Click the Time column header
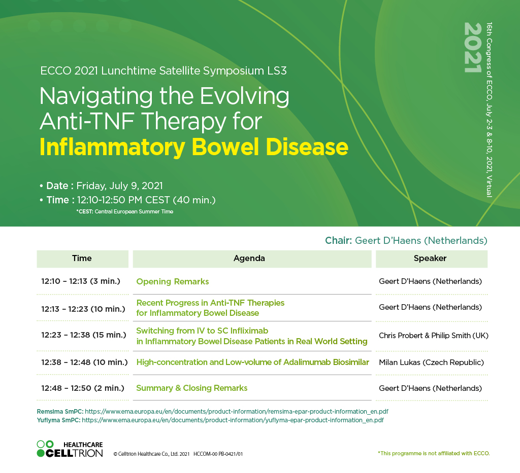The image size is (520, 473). [82, 259]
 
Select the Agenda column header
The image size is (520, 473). [249, 259]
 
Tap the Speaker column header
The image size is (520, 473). [430, 259]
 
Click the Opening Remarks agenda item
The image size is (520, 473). [173, 282]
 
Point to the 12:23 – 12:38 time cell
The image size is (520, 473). [84, 335]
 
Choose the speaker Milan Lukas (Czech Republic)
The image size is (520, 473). [431, 362]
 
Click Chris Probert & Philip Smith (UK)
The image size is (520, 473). [434, 336]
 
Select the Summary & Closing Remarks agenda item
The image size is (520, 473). [191, 388]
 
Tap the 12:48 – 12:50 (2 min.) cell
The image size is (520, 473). [83, 388]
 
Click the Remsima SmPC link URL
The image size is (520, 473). [237, 412]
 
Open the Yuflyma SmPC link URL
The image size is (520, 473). [233, 420]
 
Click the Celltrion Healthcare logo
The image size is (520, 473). [70, 449]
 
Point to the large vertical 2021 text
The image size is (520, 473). [473, 47]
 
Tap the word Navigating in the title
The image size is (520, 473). [96, 97]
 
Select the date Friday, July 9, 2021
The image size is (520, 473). [119, 186]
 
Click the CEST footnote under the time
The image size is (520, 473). [125, 211]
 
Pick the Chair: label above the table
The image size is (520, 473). [338, 240]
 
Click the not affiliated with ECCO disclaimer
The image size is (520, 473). [434, 453]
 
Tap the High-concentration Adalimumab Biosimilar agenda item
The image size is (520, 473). [253, 362]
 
